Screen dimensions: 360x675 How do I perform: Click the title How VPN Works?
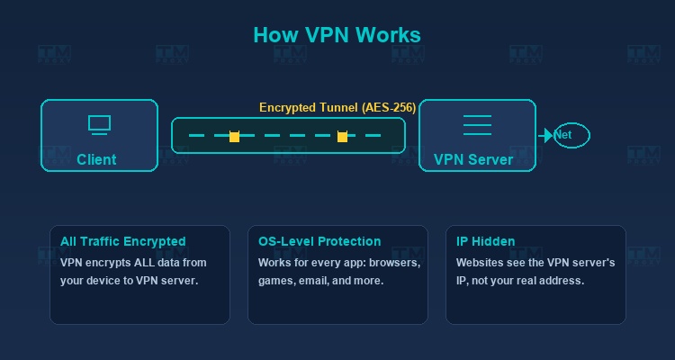(337, 35)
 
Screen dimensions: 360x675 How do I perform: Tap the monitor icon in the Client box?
(99, 125)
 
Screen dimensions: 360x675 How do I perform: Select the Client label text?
(96, 159)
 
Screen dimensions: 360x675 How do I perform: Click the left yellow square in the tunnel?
(234, 137)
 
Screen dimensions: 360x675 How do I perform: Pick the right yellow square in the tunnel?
(342, 137)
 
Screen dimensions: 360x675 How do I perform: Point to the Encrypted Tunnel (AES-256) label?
(337, 107)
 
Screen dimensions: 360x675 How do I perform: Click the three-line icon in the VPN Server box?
(477, 125)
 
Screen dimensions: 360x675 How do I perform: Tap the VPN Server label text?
(473, 159)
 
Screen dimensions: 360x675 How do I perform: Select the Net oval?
(571, 135)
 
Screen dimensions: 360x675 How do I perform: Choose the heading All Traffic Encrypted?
(122, 241)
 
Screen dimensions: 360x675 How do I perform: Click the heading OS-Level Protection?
(319, 241)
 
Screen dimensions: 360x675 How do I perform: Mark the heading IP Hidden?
(485, 241)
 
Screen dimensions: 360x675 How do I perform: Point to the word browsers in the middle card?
(393, 263)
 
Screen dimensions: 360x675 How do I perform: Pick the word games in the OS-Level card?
(276, 280)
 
